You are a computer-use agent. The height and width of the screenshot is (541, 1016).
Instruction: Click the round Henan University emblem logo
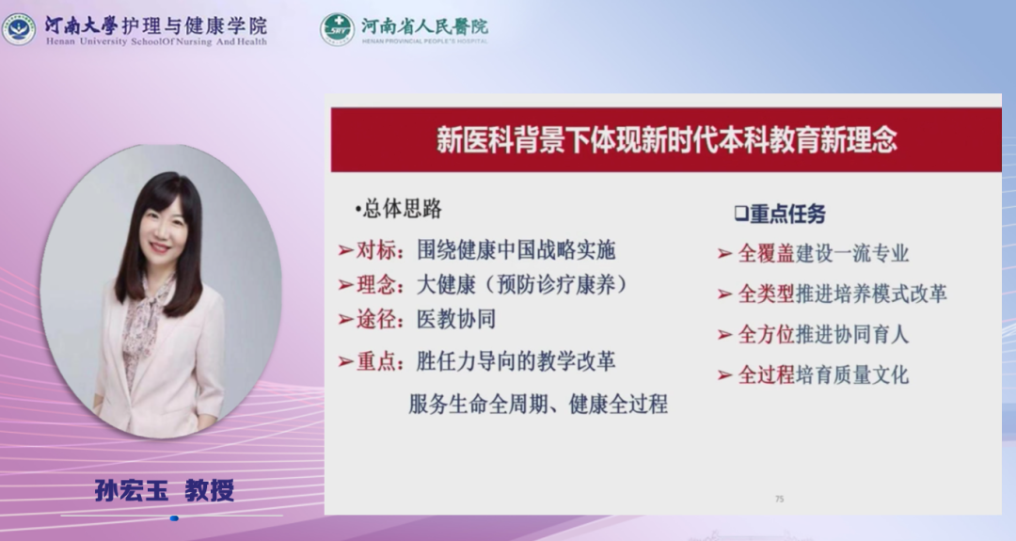[x=19, y=29]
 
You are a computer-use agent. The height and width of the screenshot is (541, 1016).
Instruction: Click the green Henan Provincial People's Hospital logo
[x=337, y=29]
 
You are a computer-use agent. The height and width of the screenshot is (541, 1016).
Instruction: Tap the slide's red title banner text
[x=666, y=140]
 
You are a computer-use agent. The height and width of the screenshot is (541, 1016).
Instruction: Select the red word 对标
[x=375, y=249]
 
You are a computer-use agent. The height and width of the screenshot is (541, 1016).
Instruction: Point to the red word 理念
[x=375, y=284]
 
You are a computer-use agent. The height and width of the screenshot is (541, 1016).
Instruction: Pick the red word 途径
[x=375, y=319]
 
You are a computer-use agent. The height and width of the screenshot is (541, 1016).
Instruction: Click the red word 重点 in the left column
[x=375, y=361]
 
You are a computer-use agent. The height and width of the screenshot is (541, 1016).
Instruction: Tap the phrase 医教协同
[x=456, y=319]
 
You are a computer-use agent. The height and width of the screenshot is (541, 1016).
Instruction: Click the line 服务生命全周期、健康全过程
[x=538, y=405]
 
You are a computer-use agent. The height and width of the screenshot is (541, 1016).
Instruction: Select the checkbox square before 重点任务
[x=741, y=214]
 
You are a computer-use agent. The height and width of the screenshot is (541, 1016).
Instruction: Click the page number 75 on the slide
[x=780, y=499]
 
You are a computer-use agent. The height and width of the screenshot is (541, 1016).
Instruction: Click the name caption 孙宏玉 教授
[x=165, y=490]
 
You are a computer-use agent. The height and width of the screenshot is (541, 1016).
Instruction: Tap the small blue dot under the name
[x=174, y=518]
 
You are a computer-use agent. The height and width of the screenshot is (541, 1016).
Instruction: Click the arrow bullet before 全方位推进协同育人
[x=725, y=335]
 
